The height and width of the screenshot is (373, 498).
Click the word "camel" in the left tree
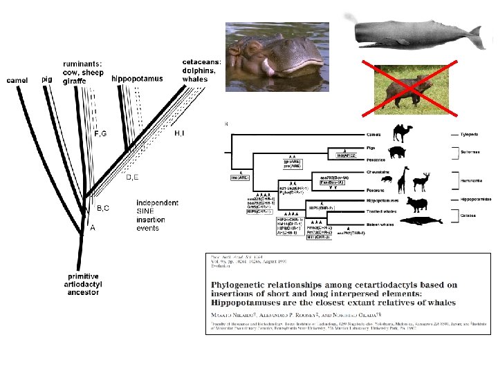tap(17, 81)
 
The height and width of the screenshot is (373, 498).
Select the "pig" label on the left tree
tap(46, 79)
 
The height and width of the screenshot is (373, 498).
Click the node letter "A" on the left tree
tap(93, 229)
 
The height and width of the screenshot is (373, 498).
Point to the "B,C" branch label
tap(102, 207)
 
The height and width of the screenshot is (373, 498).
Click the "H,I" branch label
tap(180, 132)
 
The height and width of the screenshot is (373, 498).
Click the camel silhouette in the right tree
tap(404, 132)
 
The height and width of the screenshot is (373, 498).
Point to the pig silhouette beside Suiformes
tap(398, 153)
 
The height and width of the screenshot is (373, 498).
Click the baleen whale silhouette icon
tap(422, 221)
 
